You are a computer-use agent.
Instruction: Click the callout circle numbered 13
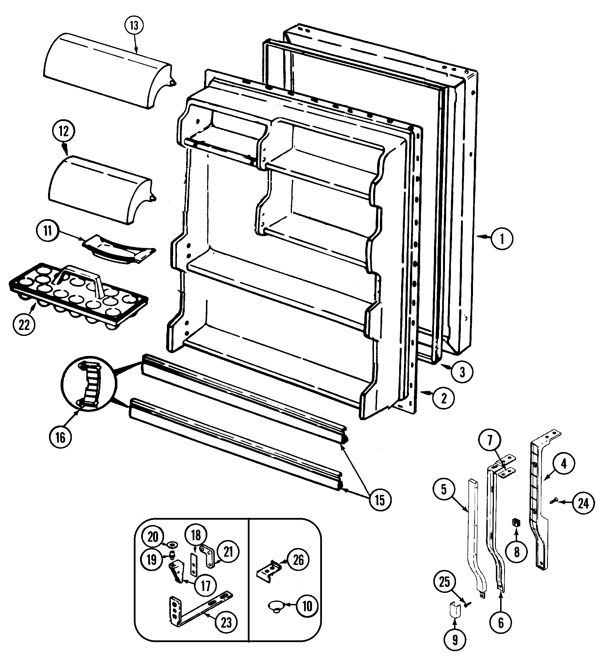click(x=134, y=26)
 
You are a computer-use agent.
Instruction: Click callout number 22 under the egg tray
click(x=24, y=325)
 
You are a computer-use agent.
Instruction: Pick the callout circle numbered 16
click(x=60, y=438)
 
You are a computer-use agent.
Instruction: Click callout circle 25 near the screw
click(x=444, y=582)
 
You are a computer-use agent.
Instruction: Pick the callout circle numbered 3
click(x=462, y=372)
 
